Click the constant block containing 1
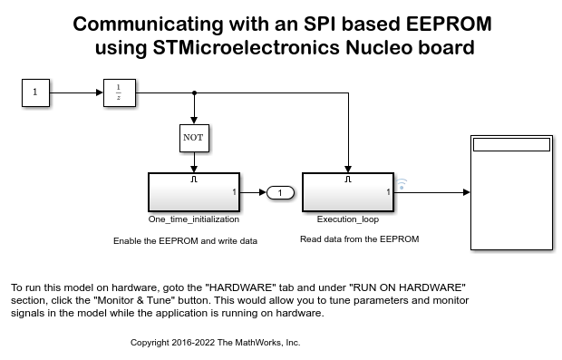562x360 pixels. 35,92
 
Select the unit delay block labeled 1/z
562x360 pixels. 120,92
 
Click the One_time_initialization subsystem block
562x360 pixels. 194,192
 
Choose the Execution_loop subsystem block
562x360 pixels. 348,192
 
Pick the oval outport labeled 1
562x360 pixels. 281,192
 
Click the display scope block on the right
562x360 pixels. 511,192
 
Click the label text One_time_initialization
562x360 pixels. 194,219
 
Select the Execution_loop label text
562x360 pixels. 348,219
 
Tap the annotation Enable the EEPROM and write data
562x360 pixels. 185,241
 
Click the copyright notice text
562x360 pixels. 215,343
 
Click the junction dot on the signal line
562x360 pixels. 195,92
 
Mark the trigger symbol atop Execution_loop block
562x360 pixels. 348,179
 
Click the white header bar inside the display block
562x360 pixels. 511,144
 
